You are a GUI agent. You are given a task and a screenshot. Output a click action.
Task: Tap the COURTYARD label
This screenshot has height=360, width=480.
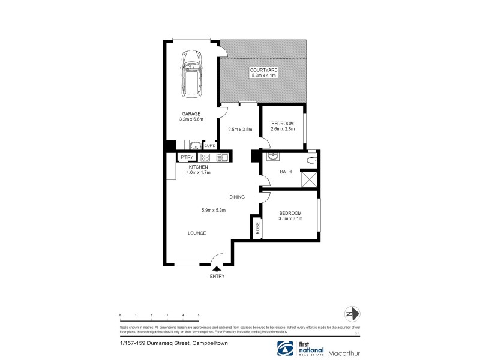[263, 70]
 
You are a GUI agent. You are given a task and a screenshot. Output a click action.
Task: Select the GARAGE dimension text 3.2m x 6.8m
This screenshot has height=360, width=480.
[192, 119]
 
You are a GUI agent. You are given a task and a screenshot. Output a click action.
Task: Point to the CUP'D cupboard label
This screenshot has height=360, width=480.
[210, 145]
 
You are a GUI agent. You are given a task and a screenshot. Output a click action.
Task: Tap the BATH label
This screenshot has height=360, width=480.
[286, 172]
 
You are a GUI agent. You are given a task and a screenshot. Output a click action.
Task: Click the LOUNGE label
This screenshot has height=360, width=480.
[197, 233]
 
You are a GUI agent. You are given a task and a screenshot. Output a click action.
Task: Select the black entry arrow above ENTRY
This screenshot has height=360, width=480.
[217, 269]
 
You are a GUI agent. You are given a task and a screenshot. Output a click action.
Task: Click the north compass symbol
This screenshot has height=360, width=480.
[352, 314]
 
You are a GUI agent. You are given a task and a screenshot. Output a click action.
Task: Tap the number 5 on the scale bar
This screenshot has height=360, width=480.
[198, 315]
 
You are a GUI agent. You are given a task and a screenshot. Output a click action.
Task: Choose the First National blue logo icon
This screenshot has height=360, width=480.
[285, 347]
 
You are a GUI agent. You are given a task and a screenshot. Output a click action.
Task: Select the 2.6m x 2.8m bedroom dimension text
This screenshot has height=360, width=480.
[283, 129]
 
